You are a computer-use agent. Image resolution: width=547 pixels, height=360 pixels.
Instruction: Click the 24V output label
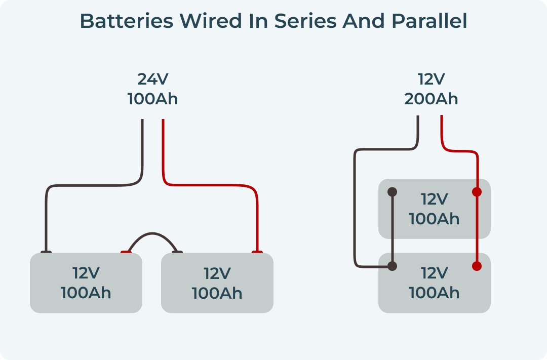(152, 79)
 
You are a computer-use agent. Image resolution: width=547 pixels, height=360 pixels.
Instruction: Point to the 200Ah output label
(431, 99)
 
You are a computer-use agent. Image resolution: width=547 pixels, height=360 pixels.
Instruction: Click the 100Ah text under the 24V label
(152, 99)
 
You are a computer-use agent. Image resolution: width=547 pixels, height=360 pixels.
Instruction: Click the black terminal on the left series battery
(46, 252)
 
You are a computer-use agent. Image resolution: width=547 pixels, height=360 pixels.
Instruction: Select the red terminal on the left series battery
(126, 252)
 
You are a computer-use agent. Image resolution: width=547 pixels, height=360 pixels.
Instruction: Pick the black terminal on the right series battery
(177, 252)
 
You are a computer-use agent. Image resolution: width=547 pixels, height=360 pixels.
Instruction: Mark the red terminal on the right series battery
(257, 252)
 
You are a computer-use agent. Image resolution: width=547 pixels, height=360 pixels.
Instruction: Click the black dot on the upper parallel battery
(392, 192)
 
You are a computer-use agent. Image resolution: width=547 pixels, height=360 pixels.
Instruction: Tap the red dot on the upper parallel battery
(477, 192)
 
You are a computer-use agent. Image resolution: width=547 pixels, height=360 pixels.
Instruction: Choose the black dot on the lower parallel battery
(392, 266)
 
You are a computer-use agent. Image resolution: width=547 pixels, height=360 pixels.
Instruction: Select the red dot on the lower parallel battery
(477, 266)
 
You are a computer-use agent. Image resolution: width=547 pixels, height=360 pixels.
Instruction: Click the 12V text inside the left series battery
(86, 273)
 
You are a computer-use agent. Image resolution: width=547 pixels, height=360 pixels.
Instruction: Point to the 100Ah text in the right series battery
(217, 293)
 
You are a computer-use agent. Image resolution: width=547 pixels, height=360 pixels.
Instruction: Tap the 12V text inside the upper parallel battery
(434, 199)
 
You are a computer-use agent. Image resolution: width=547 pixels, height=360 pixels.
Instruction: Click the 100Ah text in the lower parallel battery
(434, 293)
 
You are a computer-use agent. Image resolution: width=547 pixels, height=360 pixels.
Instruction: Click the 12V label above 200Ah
(431, 79)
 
